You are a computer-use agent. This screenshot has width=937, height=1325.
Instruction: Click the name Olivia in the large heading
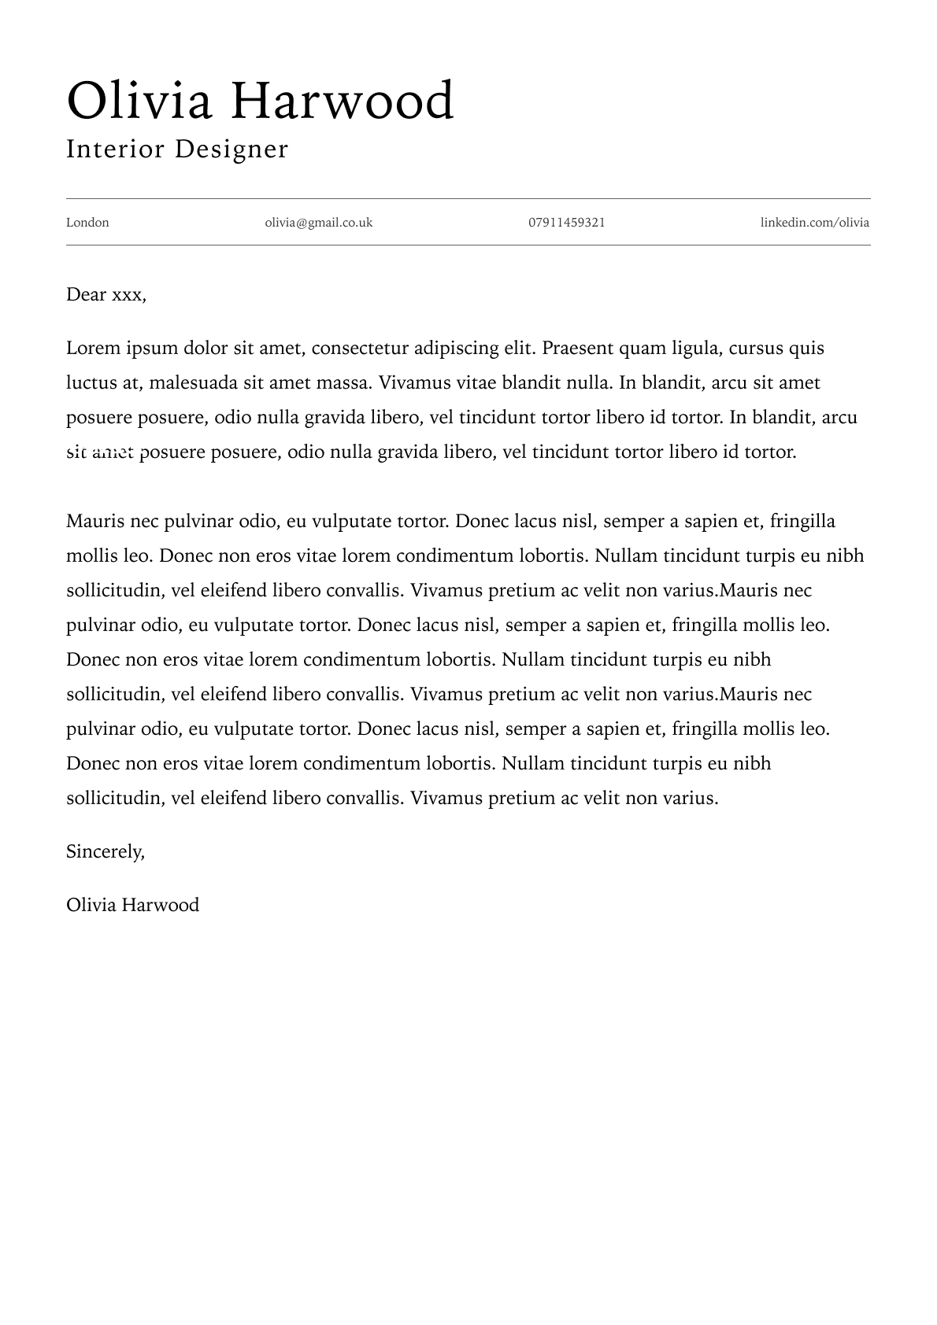click(x=139, y=101)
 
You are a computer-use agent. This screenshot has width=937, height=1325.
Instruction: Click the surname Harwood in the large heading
click(x=342, y=101)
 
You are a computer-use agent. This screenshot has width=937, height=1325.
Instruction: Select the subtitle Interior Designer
click(x=177, y=149)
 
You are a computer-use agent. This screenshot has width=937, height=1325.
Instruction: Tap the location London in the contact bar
click(x=87, y=223)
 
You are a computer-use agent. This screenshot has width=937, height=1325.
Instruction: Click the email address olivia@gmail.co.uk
click(x=318, y=223)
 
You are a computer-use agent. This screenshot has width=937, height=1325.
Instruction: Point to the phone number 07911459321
click(x=566, y=223)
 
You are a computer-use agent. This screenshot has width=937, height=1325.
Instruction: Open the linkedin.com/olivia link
click(x=814, y=223)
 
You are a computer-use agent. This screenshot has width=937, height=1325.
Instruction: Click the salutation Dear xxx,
click(x=106, y=295)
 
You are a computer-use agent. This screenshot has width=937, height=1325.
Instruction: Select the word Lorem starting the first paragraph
click(x=93, y=349)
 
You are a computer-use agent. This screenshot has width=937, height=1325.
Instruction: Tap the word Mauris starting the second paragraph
click(x=95, y=522)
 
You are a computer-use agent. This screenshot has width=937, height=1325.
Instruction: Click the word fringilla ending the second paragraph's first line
click(x=802, y=522)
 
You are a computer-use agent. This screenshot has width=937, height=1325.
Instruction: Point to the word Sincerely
click(x=106, y=852)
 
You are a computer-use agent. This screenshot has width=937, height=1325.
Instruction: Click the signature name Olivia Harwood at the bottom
click(x=132, y=906)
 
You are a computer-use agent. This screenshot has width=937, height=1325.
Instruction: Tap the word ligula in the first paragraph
click(x=694, y=349)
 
